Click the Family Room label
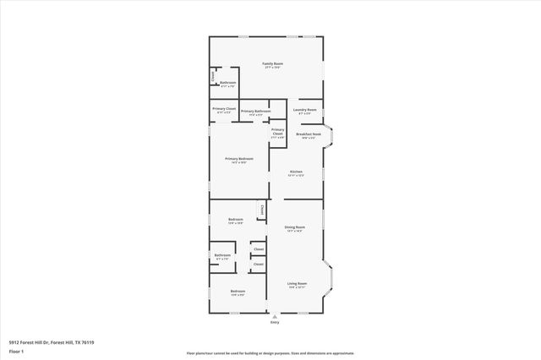(x=271, y=65)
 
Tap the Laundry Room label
(x=305, y=111)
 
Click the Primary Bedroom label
(x=239, y=161)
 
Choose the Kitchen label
(x=296, y=173)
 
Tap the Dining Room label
(x=294, y=228)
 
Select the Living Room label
(x=297, y=285)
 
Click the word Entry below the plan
(x=274, y=323)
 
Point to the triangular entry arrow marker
(x=274, y=316)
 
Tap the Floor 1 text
(x=16, y=350)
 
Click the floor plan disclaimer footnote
(x=270, y=352)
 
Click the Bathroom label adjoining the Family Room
(x=227, y=83)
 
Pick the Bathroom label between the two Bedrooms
(x=222, y=256)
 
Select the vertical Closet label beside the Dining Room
(x=262, y=210)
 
